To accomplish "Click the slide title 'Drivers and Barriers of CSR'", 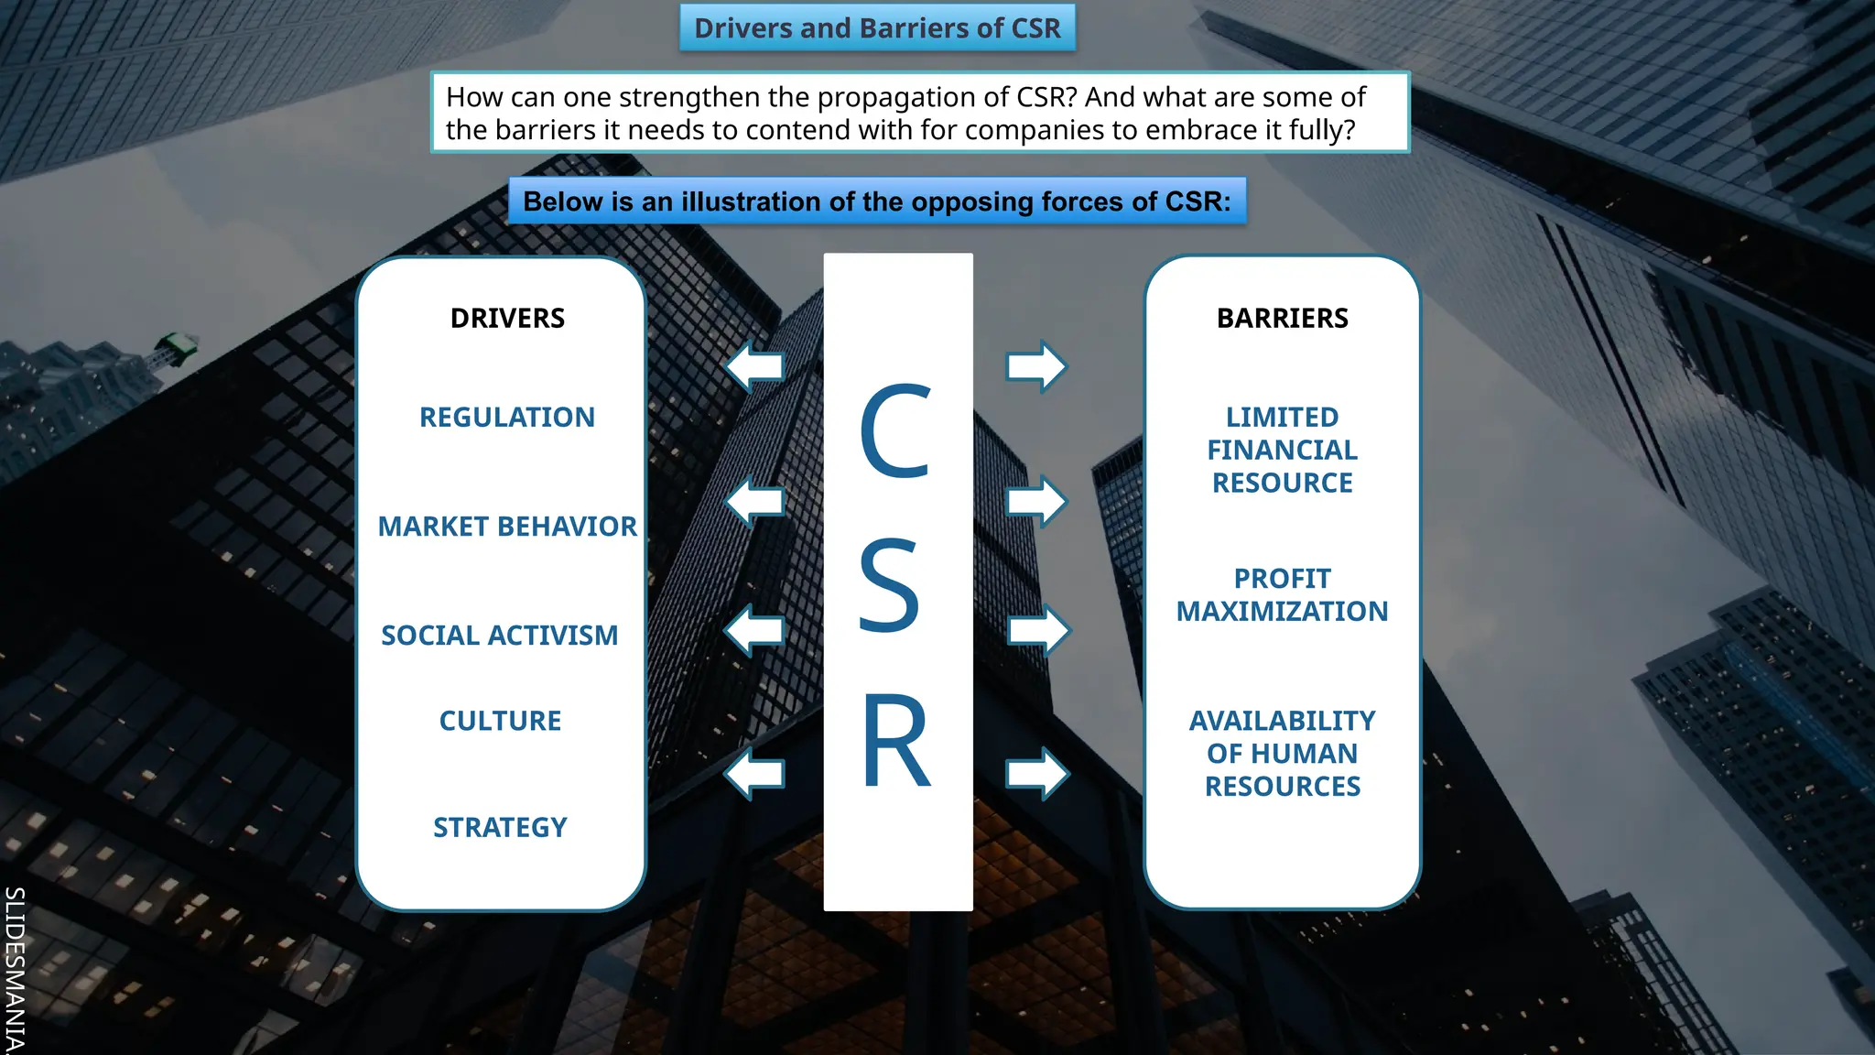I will click(877, 28).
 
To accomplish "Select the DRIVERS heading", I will click(507, 319).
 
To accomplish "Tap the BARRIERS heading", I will click(1282, 319).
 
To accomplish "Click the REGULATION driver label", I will click(507, 418).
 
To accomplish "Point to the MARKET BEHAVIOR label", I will click(507, 527).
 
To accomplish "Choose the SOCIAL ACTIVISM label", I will click(500, 636).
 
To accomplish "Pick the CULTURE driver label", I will click(500, 722).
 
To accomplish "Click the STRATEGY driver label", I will click(500, 828).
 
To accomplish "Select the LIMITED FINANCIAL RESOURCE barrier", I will click(1282, 451).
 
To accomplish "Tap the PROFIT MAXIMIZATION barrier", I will click(1282, 595).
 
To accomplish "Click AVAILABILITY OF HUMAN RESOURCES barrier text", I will click(1282, 754).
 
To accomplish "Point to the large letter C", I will click(895, 431).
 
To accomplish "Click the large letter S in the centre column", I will click(889, 586).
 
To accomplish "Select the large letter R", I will click(895, 741).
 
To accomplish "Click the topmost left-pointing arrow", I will click(756, 367).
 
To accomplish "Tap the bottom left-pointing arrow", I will click(756, 774).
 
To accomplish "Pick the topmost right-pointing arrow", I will click(1036, 367).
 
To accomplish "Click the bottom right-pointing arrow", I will click(1036, 774).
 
